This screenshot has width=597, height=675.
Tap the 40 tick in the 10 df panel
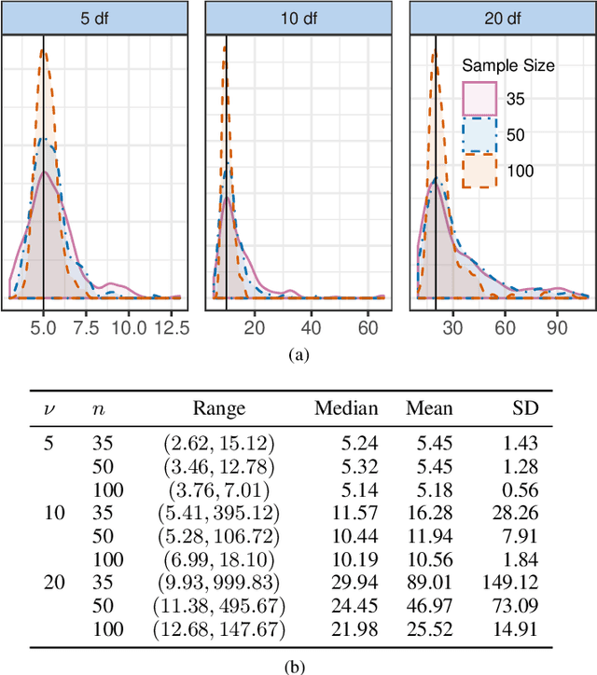[x=311, y=327]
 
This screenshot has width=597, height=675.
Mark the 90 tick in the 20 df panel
[x=557, y=327]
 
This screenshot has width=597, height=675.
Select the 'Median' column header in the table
[x=346, y=407]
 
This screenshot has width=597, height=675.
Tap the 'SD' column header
[x=526, y=407]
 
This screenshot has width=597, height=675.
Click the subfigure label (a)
[x=298, y=354]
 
